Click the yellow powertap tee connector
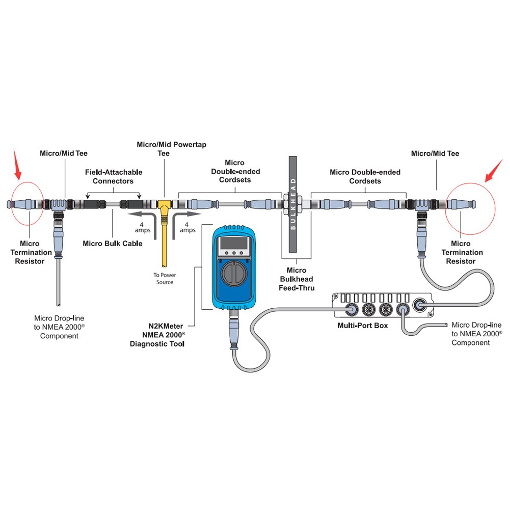click(165, 209)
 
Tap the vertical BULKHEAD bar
click(293, 204)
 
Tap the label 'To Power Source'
click(164, 278)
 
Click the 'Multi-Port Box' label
click(362, 325)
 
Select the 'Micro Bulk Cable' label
click(113, 244)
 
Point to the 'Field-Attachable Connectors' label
click(114, 176)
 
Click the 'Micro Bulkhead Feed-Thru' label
click(297, 279)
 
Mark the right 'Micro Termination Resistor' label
click(462, 252)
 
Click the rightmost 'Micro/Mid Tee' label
click(435, 153)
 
